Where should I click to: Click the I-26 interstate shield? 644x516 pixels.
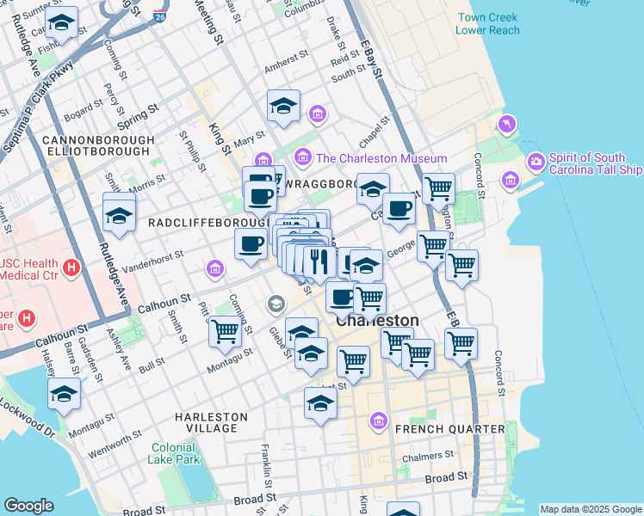pyautogui.click(x=160, y=16)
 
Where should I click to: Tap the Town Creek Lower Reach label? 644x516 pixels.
pyautogui.click(x=488, y=23)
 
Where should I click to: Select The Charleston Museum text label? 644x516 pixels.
pyautogui.click(x=381, y=158)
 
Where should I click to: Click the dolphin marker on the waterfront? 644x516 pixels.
pyautogui.click(x=506, y=125)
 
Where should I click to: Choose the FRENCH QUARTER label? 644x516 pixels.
pyautogui.click(x=449, y=428)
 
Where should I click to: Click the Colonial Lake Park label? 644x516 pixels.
pyautogui.click(x=175, y=453)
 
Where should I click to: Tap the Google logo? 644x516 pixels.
pyautogui.click(x=28, y=506)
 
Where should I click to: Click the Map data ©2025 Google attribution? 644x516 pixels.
pyautogui.click(x=590, y=509)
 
